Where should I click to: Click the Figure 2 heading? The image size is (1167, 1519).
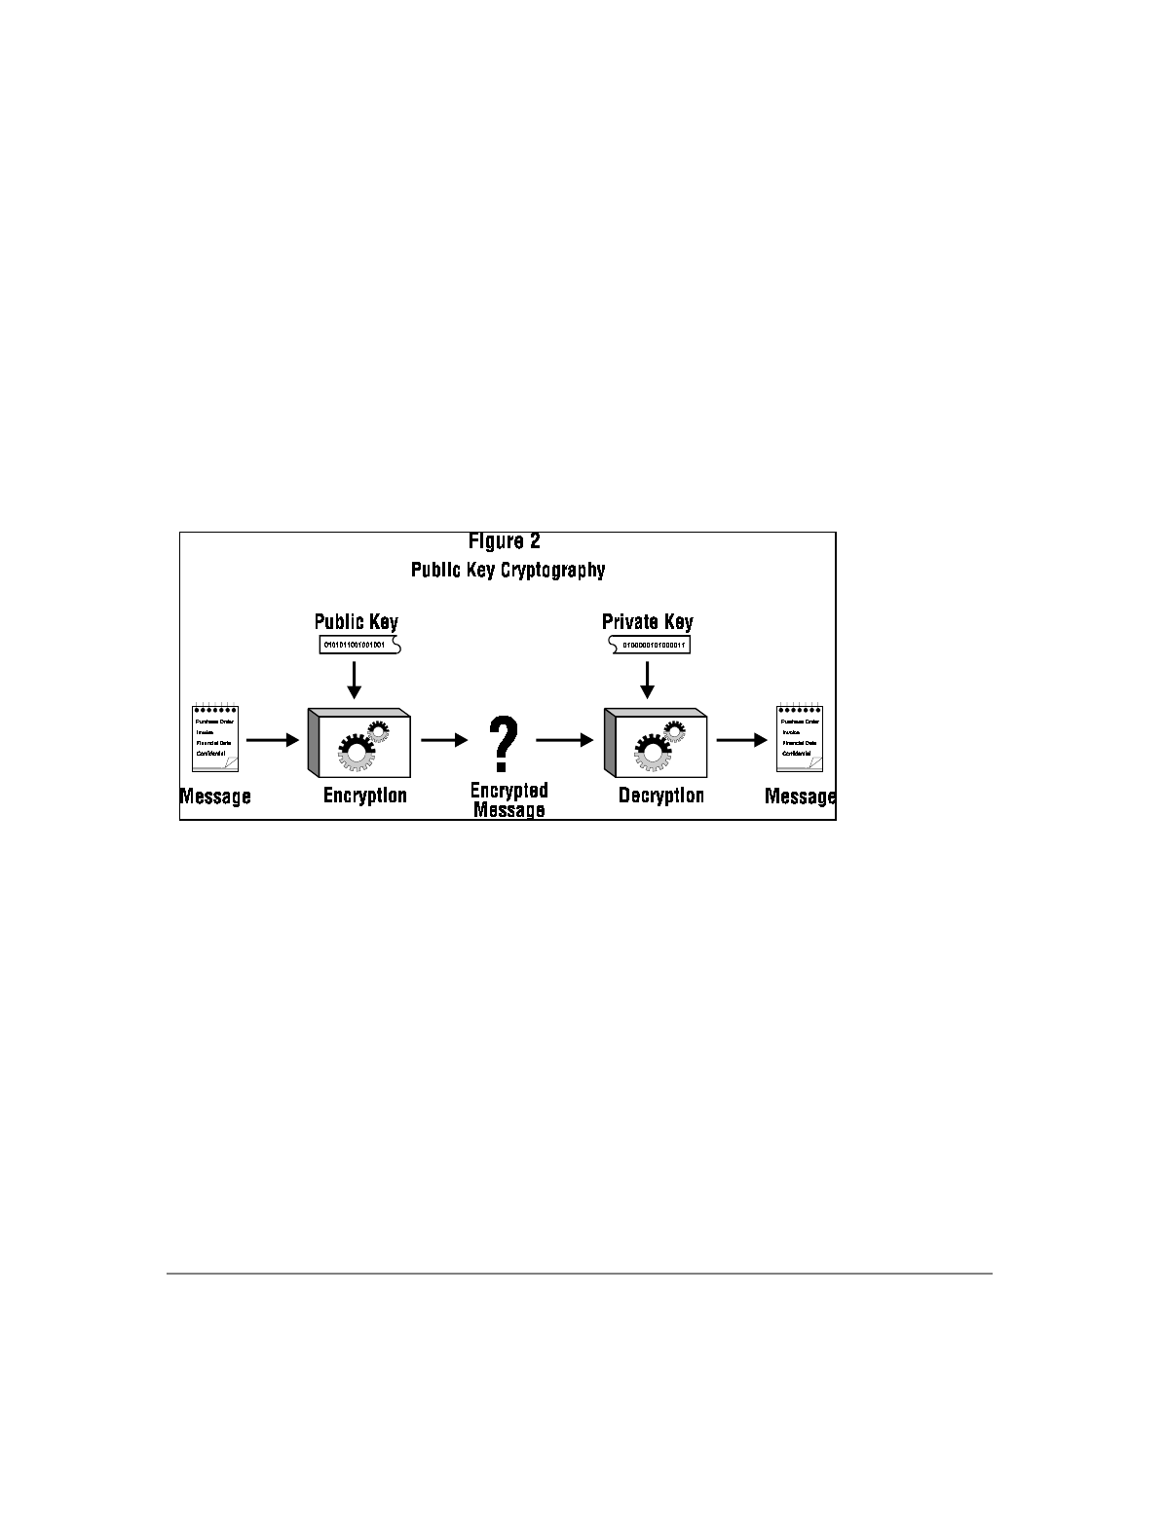point(505,541)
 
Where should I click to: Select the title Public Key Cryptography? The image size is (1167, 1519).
point(508,570)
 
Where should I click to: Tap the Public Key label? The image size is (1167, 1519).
point(356,622)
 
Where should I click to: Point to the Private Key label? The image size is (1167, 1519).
point(647,622)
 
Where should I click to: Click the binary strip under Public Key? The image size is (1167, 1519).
point(359,645)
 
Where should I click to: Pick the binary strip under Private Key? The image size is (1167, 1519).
point(650,645)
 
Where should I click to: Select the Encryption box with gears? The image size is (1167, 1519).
point(359,742)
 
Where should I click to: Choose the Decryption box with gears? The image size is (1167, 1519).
point(656,742)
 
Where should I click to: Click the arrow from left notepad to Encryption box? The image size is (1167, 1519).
point(273,740)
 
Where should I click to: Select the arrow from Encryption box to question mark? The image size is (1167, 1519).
point(445,740)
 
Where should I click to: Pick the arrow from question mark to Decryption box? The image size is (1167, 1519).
point(565,740)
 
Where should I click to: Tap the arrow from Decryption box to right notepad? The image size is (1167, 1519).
point(742,740)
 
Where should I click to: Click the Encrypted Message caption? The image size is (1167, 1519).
point(508,799)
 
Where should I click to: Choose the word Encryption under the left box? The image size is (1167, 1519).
point(364,797)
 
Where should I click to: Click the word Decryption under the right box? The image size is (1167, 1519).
point(660,797)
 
